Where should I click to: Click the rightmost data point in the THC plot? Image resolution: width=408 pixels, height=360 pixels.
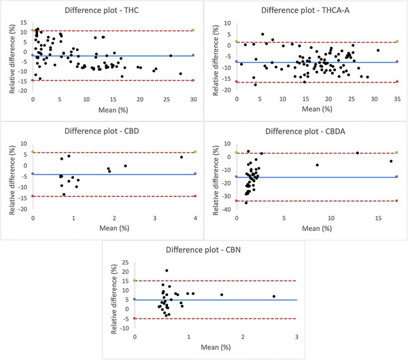[x=180, y=73]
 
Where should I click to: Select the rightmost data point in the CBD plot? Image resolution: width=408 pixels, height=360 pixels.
[x=181, y=158]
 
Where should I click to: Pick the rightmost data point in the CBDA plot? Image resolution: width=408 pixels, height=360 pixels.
[x=391, y=161]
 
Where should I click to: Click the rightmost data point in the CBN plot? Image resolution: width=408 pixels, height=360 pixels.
[x=273, y=296]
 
